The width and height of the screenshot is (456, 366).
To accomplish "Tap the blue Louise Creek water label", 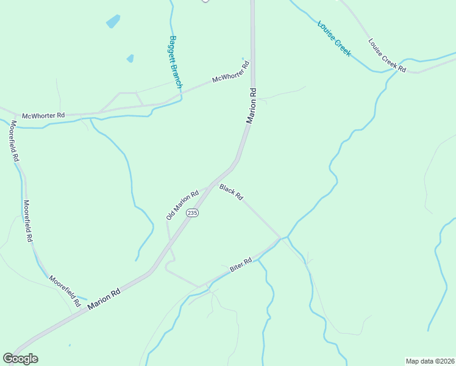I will tap(334, 39).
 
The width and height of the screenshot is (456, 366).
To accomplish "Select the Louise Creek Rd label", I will tap(387, 56).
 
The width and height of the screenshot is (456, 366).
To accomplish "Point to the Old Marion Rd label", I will tap(182, 205).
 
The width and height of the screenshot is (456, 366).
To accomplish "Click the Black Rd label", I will tap(232, 192).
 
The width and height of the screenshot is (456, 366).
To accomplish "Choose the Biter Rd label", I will tap(241, 265).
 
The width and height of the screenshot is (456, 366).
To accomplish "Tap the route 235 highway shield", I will tap(193, 212).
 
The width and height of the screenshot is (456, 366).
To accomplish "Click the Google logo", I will tap(20, 359).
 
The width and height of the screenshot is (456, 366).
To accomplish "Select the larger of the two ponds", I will tap(113, 22).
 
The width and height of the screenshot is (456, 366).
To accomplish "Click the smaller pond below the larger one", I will tap(130, 59).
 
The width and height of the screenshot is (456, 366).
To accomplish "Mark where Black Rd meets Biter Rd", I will tap(280, 238).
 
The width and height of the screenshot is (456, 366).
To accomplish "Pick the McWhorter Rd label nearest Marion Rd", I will tap(230, 72).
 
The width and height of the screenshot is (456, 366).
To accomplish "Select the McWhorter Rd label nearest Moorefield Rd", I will tap(43, 115).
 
